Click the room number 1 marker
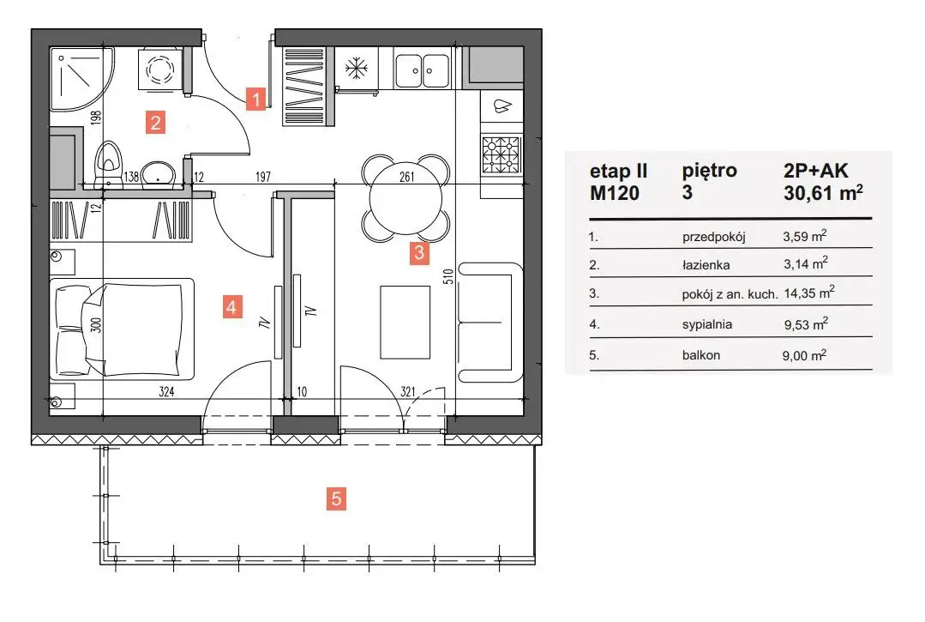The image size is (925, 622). tap(256, 99)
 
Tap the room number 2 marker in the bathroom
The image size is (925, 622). tap(155, 123)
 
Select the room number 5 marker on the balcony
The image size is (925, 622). tap(336, 498)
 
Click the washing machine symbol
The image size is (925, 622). tap(159, 70)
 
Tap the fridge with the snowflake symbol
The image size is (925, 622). tap(357, 69)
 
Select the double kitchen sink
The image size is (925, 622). tap(423, 69)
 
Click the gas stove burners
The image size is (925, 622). tap(502, 154)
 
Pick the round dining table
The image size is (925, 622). tap(405, 198)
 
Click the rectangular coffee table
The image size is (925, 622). tap(405, 323)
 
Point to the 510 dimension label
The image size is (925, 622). tap(448, 277)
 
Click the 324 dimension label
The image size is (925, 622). tap(166, 391)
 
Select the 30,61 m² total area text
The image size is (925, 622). tap(823, 192)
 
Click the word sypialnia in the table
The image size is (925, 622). tap(706, 324)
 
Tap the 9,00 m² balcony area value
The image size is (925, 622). tap(804, 355)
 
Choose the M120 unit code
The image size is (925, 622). tap(615, 193)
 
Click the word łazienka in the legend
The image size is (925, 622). tap(706, 265)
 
